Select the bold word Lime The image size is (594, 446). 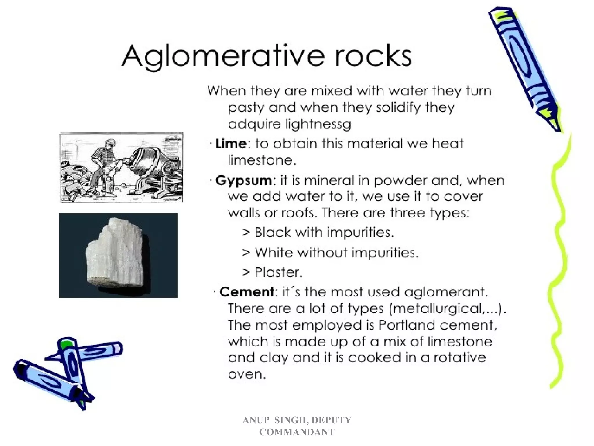point(231,143)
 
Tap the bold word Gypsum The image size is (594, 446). point(244,181)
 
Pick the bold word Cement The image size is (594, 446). point(247,292)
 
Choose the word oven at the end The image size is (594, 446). point(247,374)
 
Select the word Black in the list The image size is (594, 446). point(273,232)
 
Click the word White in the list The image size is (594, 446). point(274,253)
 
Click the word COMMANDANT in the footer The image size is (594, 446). point(297,432)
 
